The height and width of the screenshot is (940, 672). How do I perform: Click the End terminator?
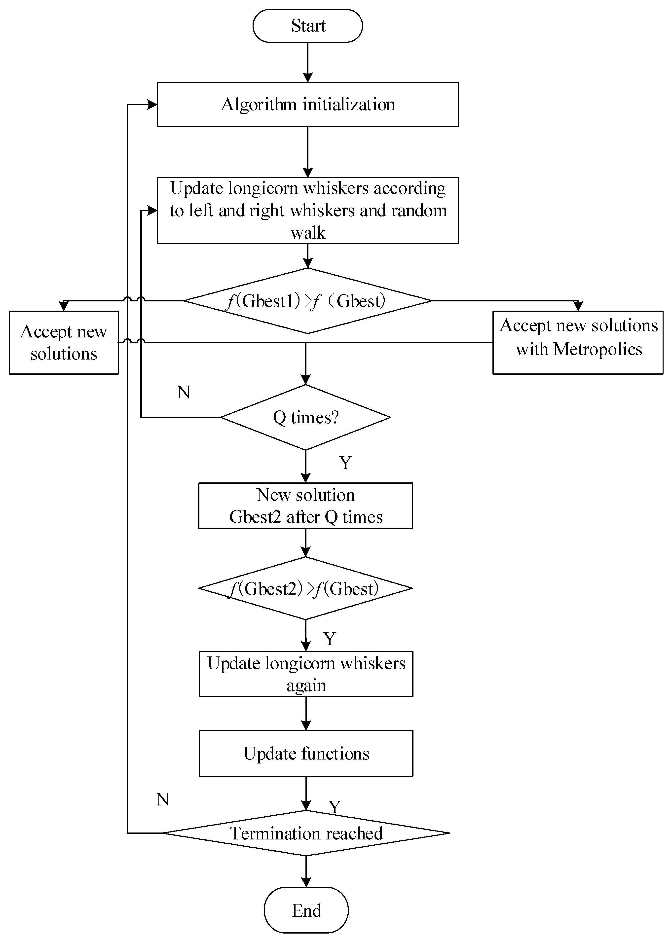click(x=306, y=910)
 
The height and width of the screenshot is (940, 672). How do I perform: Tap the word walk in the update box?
click(x=308, y=233)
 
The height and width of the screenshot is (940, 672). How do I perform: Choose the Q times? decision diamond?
click(x=305, y=417)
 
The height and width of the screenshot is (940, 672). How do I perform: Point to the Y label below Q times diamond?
click(x=345, y=463)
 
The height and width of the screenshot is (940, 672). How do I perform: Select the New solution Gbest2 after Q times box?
click(x=305, y=506)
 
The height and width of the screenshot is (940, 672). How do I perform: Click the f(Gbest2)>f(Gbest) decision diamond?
click(x=305, y=588)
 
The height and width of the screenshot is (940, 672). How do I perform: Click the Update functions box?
click(x=306, y=753)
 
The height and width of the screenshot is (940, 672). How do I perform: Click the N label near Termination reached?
click(x=163, y=799)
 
